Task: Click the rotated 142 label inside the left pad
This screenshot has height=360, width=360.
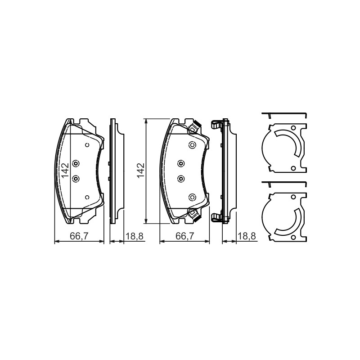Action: (x=65, y=170)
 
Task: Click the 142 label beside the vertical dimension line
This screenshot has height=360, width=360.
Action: (x=140, y=170)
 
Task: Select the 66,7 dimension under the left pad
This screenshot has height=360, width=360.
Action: (x=79, y=236)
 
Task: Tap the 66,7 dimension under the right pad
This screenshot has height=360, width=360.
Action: (x=185, y=236)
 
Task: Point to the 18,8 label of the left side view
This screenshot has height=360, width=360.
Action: (x=134, y=236)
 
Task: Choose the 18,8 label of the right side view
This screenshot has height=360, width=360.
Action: (x=247, y=236)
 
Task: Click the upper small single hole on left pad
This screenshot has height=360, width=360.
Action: (x=87, y=144)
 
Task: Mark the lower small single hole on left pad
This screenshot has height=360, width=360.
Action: (x=87, y=197)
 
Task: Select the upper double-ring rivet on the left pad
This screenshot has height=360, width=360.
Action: (x=76, y=163)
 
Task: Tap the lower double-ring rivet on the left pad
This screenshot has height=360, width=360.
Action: (x=76, y=179)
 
